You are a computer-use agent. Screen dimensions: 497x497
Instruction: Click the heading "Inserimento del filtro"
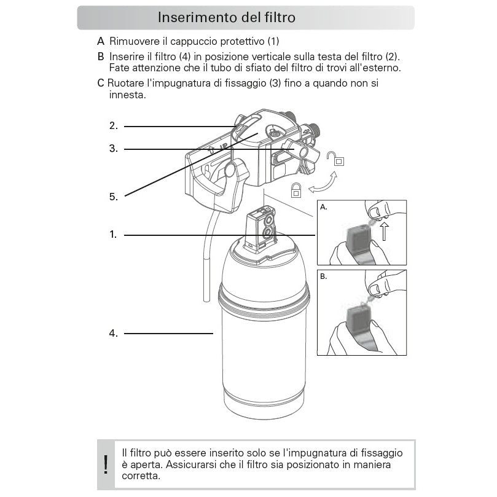(x=227, y=17)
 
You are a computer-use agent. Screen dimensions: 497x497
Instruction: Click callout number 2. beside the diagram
(x=114, y=126)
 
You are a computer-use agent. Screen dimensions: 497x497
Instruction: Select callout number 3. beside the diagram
(x=114, y=149)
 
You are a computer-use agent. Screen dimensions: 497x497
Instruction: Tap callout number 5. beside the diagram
(x=114, y=197)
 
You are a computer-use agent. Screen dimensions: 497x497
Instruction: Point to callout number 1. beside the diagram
(x=114, y=235)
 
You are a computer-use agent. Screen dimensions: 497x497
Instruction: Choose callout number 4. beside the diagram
(x=114, y=334)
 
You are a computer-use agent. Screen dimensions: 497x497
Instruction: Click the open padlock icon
(x=335, y=160)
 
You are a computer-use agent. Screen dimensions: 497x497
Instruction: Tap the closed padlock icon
(x=296, y=189)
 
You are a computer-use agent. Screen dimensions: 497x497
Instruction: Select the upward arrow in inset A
(x=384, y=232)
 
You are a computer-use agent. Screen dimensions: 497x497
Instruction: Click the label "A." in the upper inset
(x=324, y=208)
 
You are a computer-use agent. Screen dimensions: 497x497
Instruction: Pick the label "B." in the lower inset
(x=324, y=277)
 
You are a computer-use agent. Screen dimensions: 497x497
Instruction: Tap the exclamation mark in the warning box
(x=106, y=464)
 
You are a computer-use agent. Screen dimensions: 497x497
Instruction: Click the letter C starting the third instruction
(x=101, y=84)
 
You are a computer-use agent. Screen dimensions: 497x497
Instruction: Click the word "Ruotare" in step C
(x=126, y=84)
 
